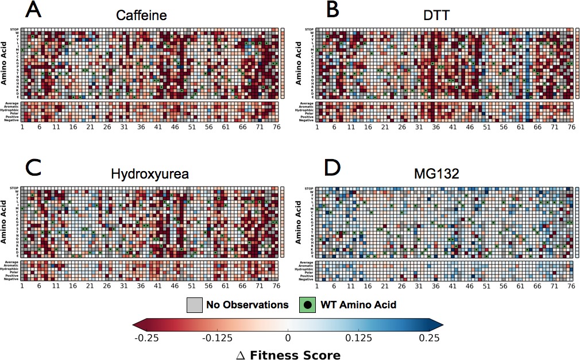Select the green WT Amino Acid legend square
pos(307,304)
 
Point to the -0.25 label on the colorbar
pos(147,338)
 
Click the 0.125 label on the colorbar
pos(360,338)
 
